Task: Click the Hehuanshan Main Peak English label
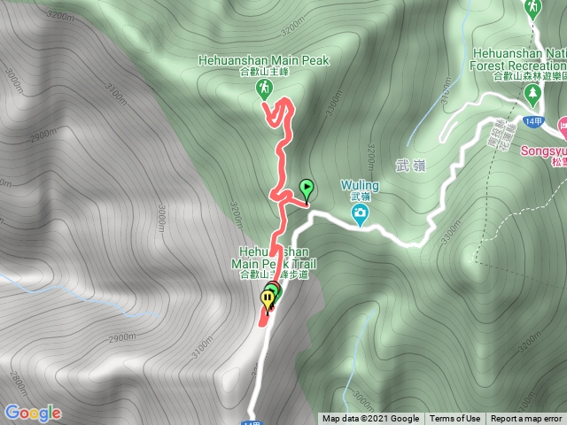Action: coord(265,60)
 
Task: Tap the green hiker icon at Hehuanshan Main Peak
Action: coord(264,88)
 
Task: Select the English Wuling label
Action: coord(360,186)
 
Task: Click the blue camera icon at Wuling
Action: coord(361,215)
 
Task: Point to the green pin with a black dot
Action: coord(307,189)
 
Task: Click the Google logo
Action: coord(33,413)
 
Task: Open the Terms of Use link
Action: coord(455,419)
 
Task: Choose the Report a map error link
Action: coord(526,419)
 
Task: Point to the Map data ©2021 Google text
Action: coord(370,419)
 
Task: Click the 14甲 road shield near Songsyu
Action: coord(532,120)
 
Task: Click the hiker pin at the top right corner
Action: coord(532,9)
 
